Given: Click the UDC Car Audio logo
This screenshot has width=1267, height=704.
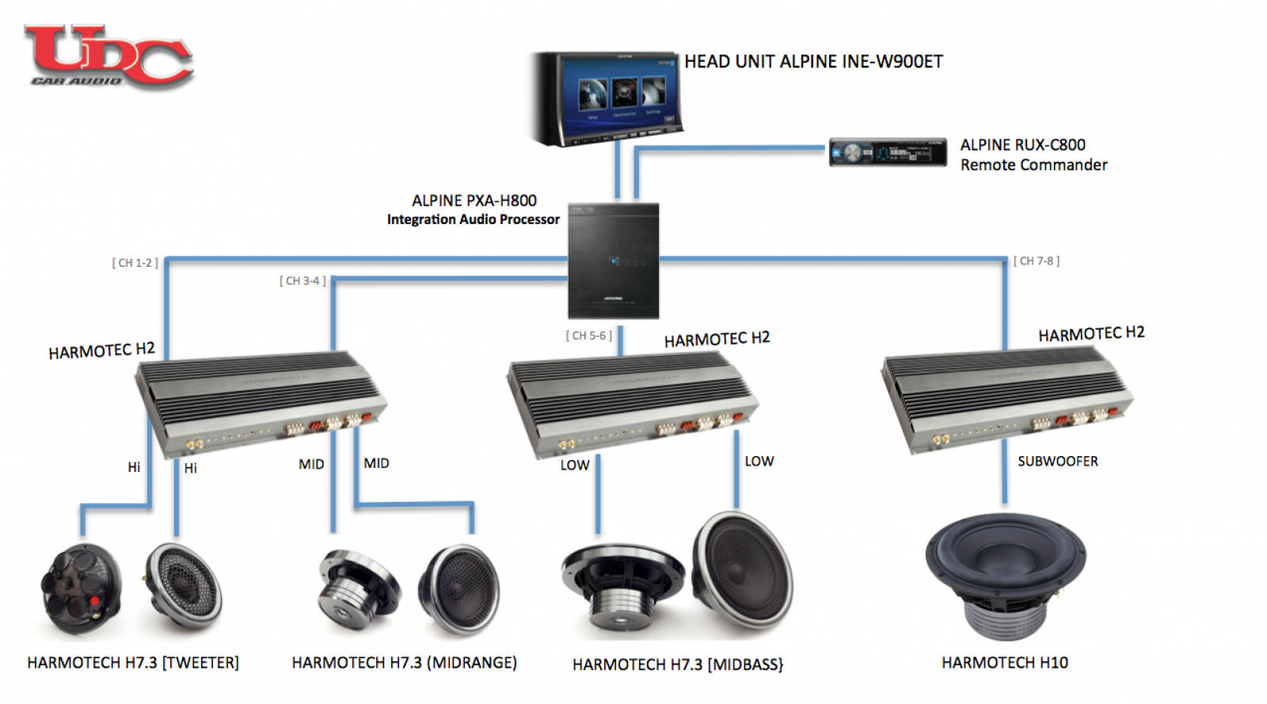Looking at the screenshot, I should coord(108,55).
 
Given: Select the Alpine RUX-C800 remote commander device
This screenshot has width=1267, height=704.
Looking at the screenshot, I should coord(887,152).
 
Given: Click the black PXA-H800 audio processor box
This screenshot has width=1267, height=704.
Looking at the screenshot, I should coord(614,261).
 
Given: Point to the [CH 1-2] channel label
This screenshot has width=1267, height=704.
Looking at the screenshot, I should coord(135,263).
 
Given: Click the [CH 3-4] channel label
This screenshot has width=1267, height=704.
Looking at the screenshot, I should coord(302,281).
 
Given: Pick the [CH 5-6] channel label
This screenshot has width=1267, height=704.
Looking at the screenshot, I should coord(588,336).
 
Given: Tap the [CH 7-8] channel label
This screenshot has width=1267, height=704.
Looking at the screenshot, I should coord(1036,261).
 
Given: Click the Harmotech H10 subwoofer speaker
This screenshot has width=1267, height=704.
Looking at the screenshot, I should coord(1006,574).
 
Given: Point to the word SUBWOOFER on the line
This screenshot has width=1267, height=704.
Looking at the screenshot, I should coord(1057,462).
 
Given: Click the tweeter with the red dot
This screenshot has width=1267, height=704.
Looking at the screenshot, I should coord(81,590).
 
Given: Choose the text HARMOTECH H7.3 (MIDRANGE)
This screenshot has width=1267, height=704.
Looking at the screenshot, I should coord(404,663).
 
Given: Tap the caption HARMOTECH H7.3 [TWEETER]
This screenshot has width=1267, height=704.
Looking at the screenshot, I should coord(133,663).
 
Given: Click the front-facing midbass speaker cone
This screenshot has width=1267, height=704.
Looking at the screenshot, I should coord(743,570).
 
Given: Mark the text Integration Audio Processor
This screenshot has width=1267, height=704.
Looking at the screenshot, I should coord(473,219).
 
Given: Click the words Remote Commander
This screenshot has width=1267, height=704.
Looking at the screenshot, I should coord(1033,165).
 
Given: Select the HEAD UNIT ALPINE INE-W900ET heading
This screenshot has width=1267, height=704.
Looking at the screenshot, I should coord(813,62).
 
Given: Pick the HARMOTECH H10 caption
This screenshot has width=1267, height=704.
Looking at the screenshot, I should coord(1004,663).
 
